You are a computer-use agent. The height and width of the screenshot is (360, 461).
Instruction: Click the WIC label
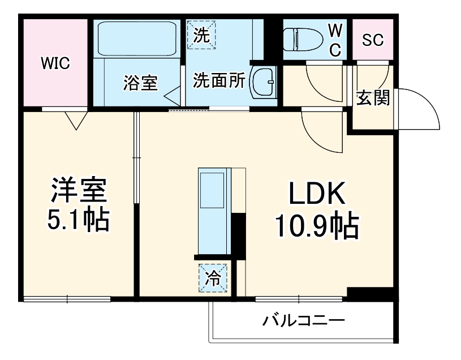coord(55,64)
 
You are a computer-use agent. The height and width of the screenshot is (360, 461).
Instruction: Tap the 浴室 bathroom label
coord(140,83)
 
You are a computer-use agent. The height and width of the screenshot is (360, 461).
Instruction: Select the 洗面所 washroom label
coord(219,80)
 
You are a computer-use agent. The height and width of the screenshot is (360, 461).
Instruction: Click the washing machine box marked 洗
coord(201,35)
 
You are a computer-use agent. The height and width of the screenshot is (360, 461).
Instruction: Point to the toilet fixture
coord(304,38)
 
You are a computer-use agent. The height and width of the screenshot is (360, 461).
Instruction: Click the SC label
coord(373,40)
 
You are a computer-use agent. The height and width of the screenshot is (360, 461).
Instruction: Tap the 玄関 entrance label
coord(373,98)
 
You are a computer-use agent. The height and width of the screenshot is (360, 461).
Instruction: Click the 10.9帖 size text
coord(317,226)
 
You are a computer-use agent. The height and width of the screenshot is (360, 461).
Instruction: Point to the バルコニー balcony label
coord(303,322)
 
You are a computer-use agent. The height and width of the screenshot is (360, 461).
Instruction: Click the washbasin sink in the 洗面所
coord(263,83)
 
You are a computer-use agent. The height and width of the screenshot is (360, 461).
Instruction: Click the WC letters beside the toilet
coord(335,40)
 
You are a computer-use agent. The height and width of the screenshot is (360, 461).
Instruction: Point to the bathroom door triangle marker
coord(172,95)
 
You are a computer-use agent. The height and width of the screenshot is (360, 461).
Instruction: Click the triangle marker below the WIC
coord(75,119)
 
